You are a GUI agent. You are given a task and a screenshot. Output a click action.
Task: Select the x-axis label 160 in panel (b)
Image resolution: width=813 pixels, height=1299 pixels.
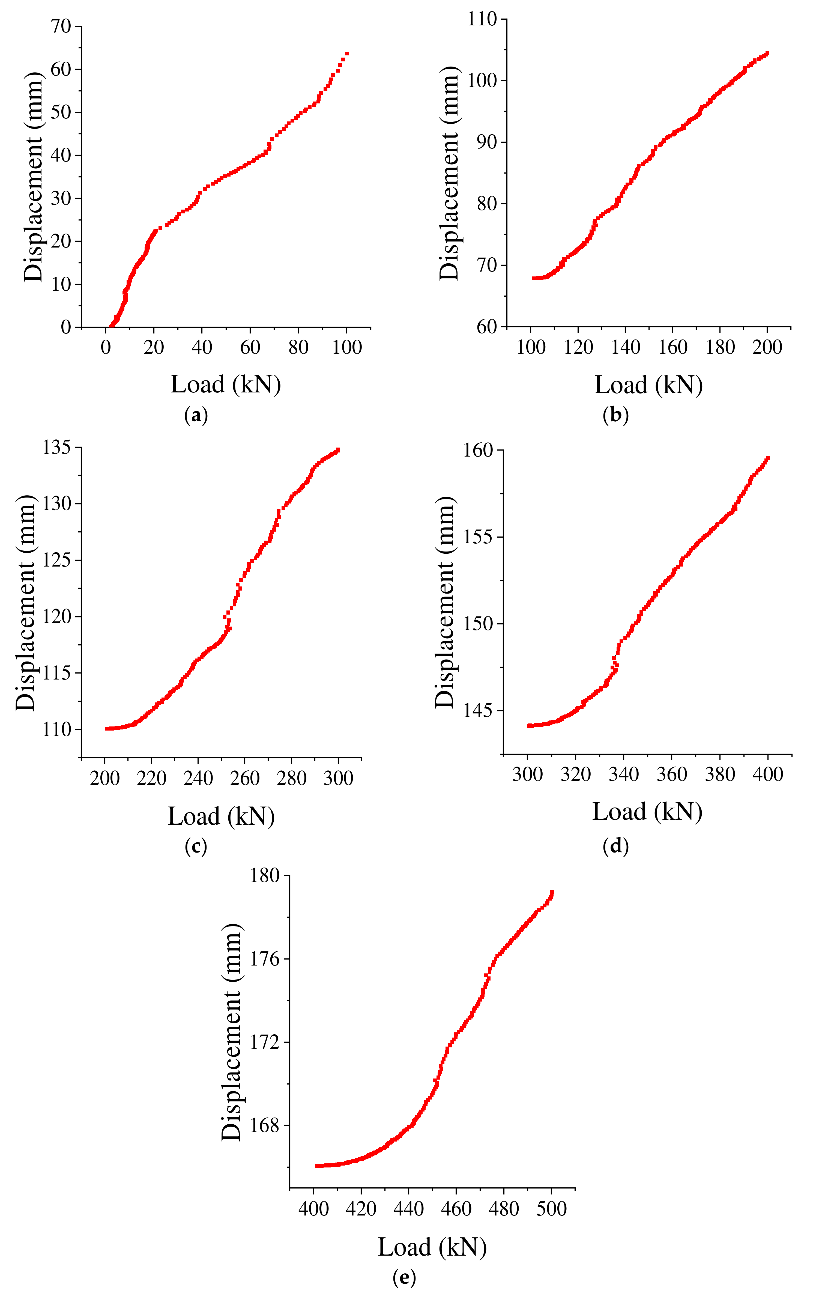[x=673, y=347]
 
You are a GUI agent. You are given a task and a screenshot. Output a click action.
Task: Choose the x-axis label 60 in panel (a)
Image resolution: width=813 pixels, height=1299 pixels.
[x=250, y=347]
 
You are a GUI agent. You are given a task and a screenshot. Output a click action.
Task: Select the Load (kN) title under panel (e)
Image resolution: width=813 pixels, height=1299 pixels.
[x=432, y=1247]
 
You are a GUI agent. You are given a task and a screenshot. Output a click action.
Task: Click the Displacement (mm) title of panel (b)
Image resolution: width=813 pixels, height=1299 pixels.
[x=450, y=173]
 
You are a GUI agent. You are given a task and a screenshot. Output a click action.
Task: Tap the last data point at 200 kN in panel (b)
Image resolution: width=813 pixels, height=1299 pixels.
[x=767, y=53]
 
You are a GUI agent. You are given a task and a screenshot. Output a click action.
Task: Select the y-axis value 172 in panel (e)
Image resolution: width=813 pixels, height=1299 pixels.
[x=265, y=1042]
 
